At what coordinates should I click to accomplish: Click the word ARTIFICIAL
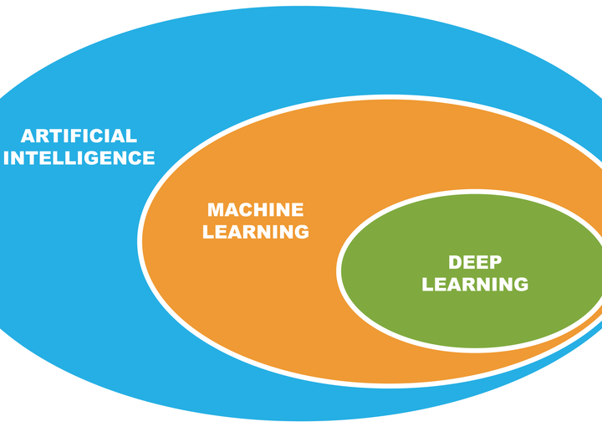point(79,136)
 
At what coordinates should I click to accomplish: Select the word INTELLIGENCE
point(79,157)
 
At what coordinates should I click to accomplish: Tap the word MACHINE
point(255,210)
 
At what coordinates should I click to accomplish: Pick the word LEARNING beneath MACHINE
point(255,232)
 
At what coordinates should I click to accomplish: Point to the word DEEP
point(475,263)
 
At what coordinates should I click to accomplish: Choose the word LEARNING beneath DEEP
point(475,285)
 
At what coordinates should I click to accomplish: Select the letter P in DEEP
point(495,263)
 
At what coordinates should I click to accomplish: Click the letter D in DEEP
point(455,263)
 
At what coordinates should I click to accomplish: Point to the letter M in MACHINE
point(216,210)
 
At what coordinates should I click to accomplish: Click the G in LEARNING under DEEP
point(520,285)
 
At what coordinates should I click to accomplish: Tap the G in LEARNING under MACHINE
point(301,232)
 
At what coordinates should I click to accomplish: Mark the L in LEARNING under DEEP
point(427,285)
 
